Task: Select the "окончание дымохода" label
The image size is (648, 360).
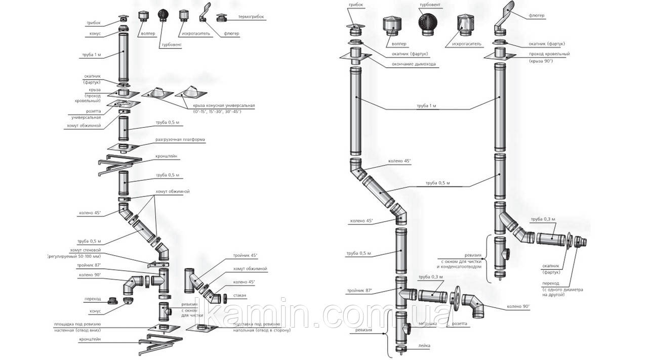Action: coord(413,64)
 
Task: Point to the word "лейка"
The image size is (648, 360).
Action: coord(424,346)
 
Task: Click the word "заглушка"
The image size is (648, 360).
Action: coord(428,323)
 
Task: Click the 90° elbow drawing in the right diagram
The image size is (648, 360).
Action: coord(473,305)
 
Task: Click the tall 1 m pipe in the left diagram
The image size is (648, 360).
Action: coord(123,58)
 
